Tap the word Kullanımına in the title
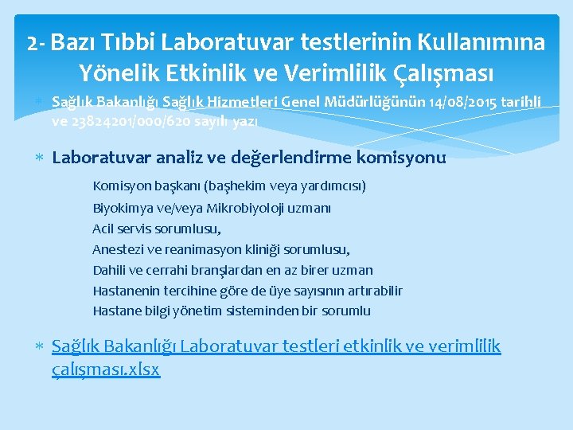[x=475, y=42]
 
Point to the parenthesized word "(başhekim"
[x=233, y=186]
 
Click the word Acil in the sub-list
[x=104, y=229]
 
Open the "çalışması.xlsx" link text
[x=106, y=369]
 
